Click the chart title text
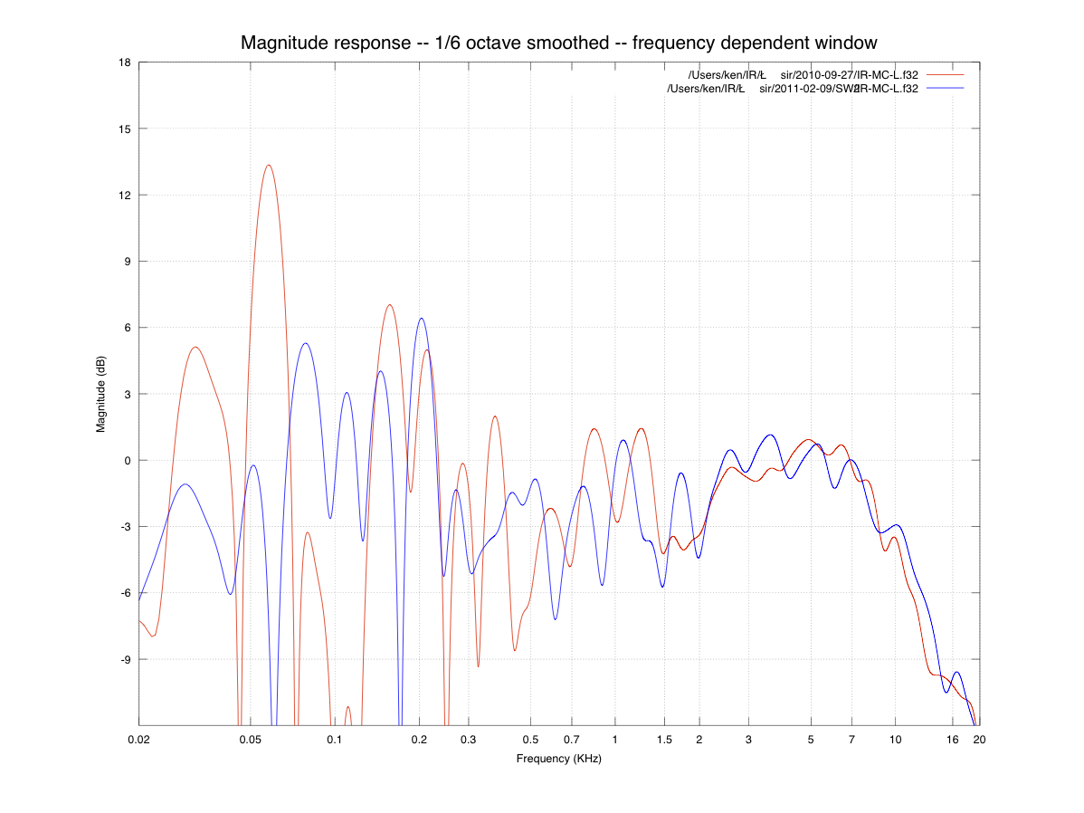pyautogui.click(x=558, y=43)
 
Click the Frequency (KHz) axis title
pyautogui.click(x=558, y=759)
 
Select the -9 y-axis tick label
pyautogui.click(x=125, y=659)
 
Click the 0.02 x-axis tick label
pyautogui.click(x=139, y=740)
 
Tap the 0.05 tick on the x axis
pyautogui.click(x=251, y=740)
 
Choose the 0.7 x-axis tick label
pyautogui.click(x=571, y=740)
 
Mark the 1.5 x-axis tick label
pyautogui.click(x=664, y=740)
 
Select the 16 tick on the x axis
pyautogui.click(x=953, y=740)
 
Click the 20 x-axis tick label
pyautogui.click(x=979, y=740)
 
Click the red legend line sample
pyautogui.click(x=946, y=74)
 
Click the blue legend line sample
pyautogui.click(x=946, y=88)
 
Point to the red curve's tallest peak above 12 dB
pyautogui.click(x=268, y=165)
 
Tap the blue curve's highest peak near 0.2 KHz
pyautogui.click(x=421, y=319)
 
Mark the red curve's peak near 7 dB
pyautogui.click(x=390, y=305)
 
